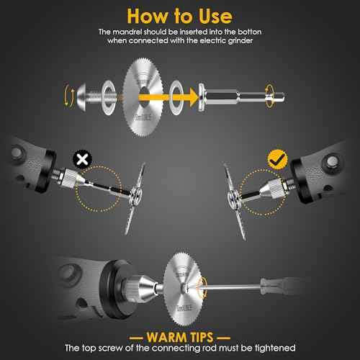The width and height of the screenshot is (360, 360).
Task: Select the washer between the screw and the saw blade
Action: click(107, 93)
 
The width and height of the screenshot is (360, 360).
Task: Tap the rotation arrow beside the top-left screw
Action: click(68, 93)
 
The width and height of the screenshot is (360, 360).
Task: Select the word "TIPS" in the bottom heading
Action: click(207, 336)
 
